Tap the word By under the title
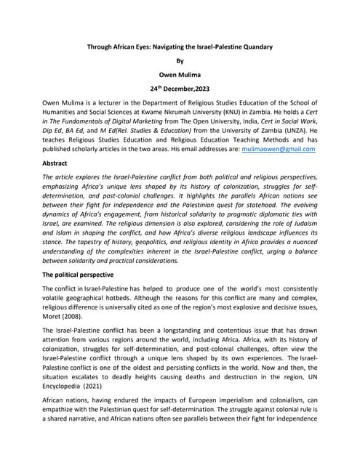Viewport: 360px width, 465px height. point(180,62)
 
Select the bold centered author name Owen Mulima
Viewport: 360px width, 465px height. point(180,77)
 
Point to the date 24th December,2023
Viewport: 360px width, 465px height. point(180,92)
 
